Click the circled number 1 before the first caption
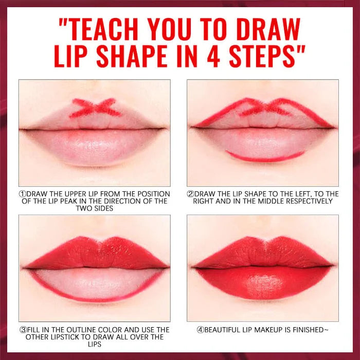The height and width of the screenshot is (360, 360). click(22, 194)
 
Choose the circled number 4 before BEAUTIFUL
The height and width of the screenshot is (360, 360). click(200, 330)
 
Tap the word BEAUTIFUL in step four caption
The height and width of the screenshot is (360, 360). click(226, 330)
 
